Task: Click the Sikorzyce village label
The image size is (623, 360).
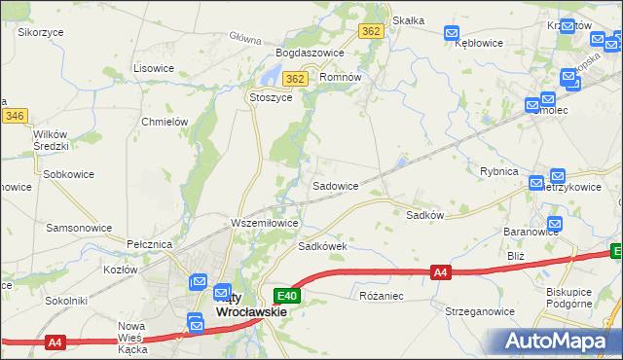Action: [40, 31]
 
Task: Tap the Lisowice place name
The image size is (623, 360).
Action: [153, 68]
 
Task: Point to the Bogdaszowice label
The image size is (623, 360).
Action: [311, 53]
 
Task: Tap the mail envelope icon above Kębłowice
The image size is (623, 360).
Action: [451, 33]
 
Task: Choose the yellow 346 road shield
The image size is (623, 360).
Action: [14, 116]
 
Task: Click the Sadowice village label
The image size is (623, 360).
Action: [335, 185]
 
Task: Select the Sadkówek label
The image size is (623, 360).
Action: [323, 246]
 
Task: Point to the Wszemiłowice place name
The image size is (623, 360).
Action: [264, 223]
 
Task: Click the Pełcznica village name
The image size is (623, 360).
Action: [149, 243]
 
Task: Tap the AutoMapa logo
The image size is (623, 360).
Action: [557, 340]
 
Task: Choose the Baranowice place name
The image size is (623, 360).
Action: [531, 232]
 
